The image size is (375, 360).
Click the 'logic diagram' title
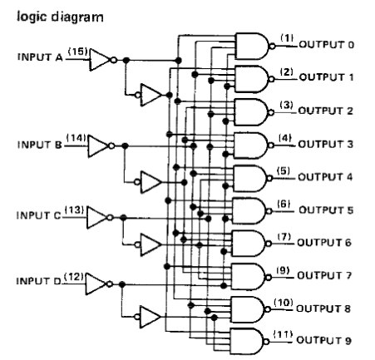pyautogui.click(x=60, y=17)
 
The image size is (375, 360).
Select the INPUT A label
pyautogui.click(x=40, y=57)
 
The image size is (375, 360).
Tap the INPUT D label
pyautogui.click(x=38, y=281)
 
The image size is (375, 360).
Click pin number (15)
pyautogui.click(x=78, y=52)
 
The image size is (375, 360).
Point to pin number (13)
pyautogui.click(x=74, y=210)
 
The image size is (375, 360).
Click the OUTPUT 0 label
pyautogui.click(x=327, y=45)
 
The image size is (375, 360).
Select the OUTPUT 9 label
pyautogui.click(x=324, y=340)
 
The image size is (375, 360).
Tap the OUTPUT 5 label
pyautogui.click(x=326, y=210)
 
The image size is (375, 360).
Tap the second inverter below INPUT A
pyautogui.click(x=148, y=95)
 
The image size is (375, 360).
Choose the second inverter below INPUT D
pyautogui.click(x=147, y=317)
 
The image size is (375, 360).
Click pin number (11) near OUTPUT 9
pyautogui.click(x=283, y=334)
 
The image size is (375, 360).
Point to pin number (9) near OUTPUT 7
pyautogui.click(x=283, y=270)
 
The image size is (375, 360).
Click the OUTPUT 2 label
pyautogui.click(x=325, y=111)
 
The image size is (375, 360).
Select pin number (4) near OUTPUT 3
pyautogui.click(x=285, y=138)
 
